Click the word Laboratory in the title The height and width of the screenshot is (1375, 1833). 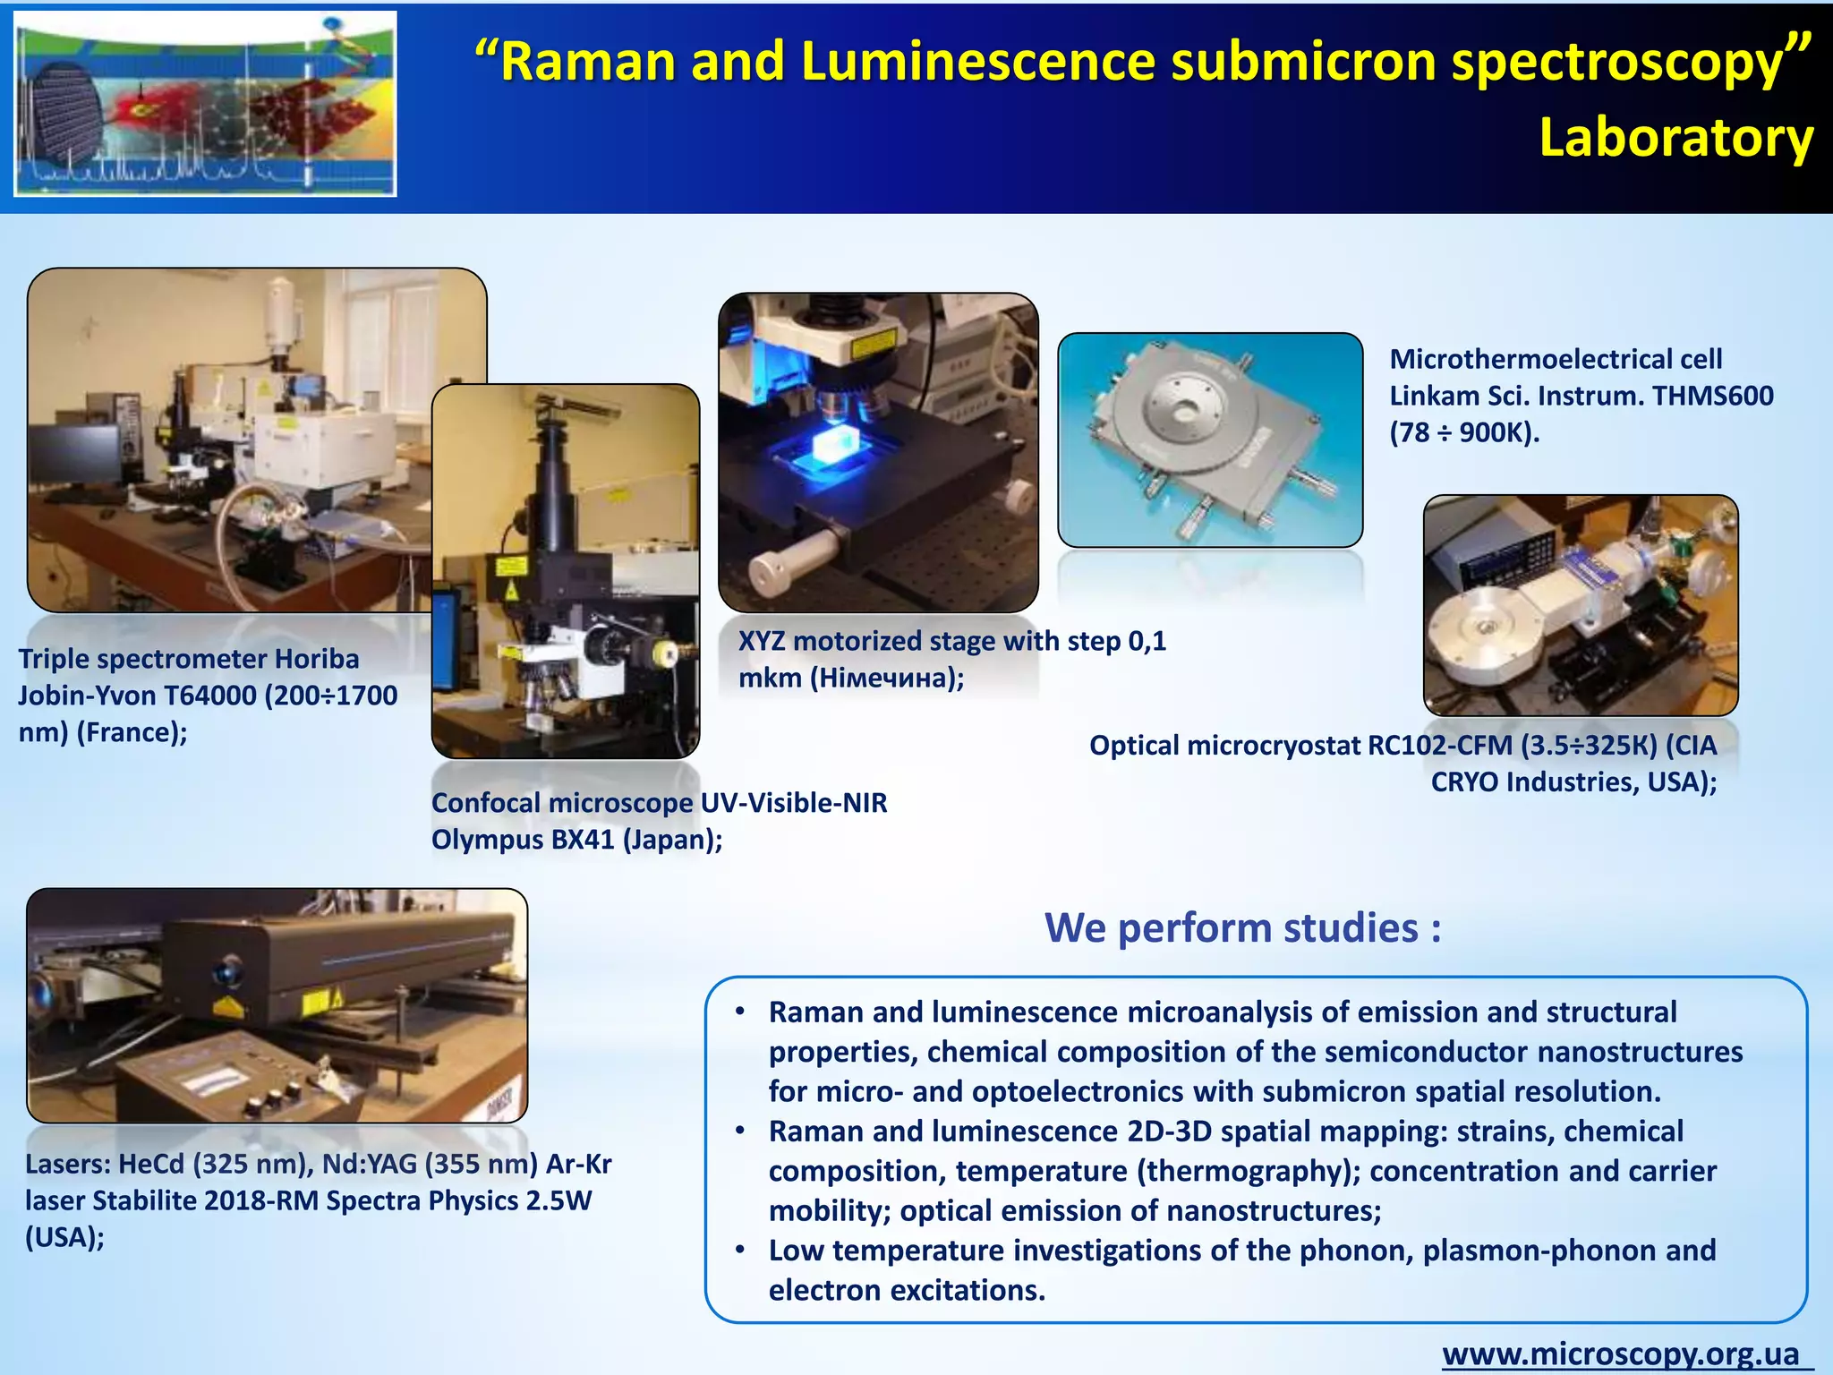(x=1675, y=139)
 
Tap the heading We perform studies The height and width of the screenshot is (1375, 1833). (x=1242, y=928)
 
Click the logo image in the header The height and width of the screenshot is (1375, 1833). (x=205, y=104)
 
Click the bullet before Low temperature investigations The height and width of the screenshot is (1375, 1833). (x=740, y=1249)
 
